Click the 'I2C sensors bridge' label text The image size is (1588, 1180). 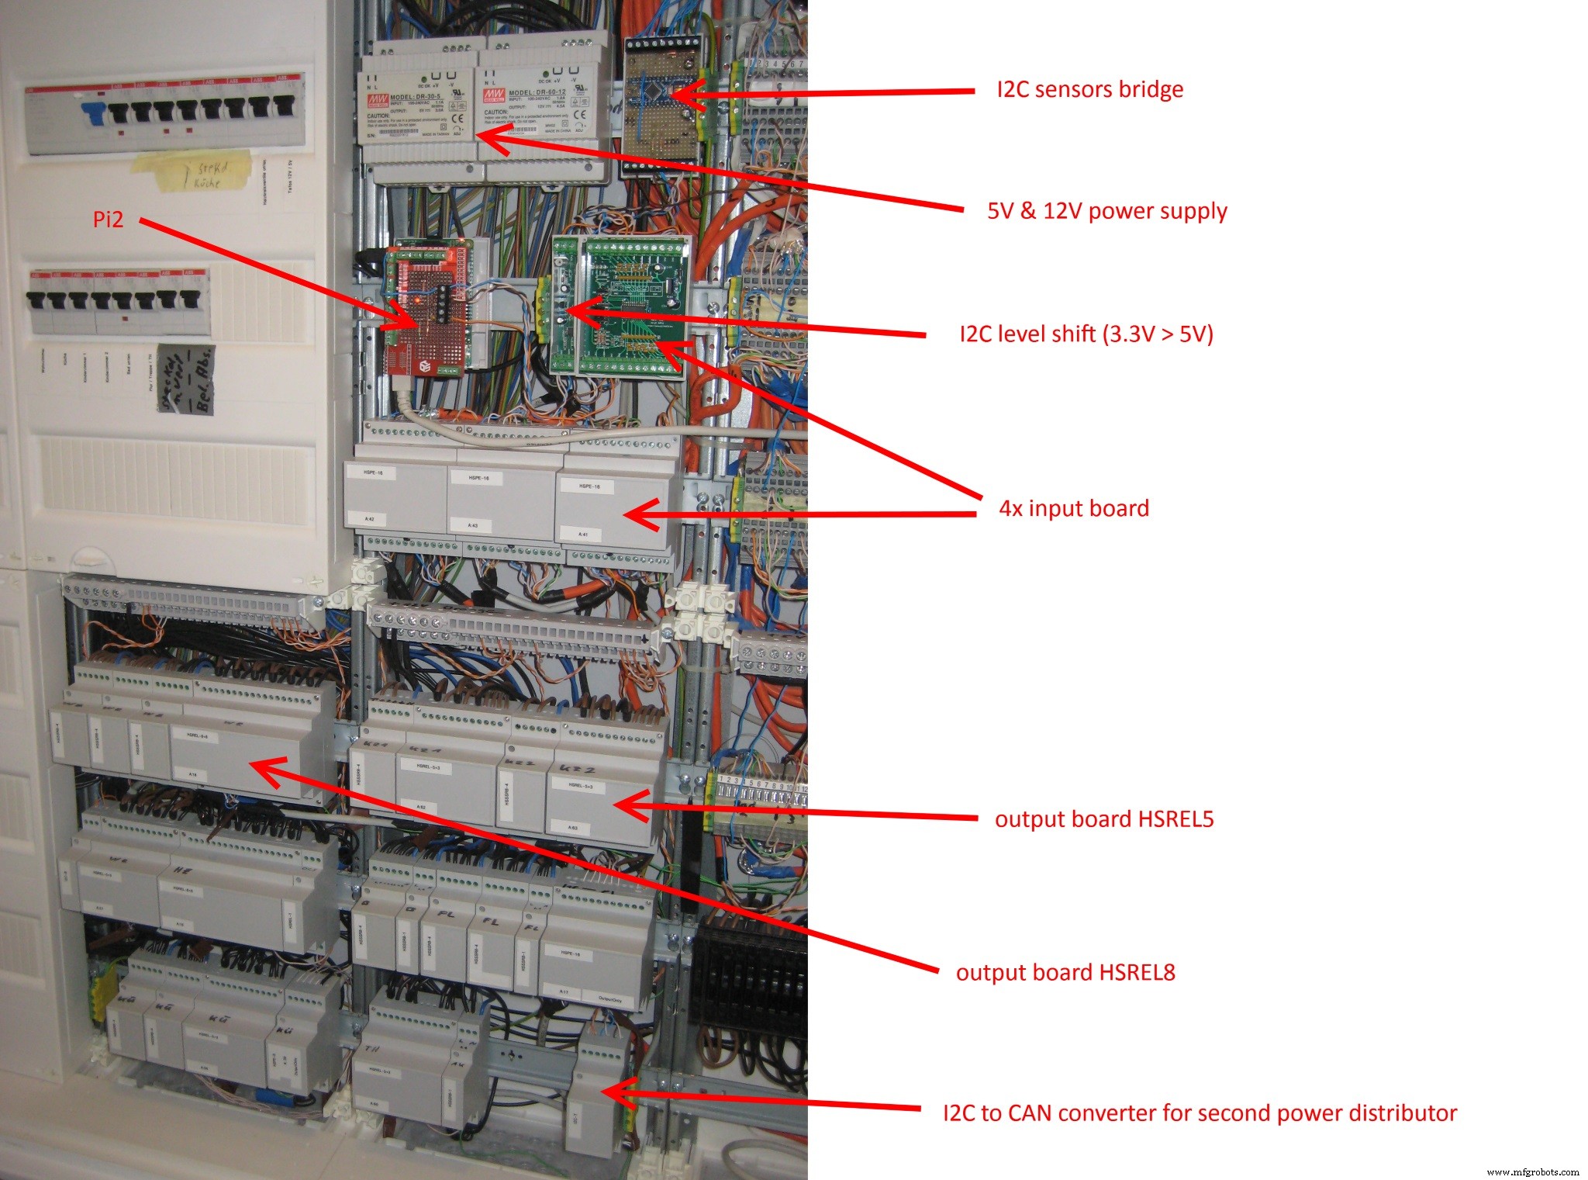tap(1089, 90)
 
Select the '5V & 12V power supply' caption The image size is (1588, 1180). tap(1106, 211)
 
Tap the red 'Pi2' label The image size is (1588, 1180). tap(108, 220)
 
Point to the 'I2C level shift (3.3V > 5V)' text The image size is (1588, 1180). tap(1086, 334)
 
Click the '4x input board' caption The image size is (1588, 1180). tap(1073, 509)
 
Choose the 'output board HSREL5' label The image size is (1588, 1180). tap(1103, 819)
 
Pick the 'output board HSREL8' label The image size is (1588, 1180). tap(1065, 973)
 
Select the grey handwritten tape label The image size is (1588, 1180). tap(185, 379)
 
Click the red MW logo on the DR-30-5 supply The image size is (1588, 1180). tap(378, 99)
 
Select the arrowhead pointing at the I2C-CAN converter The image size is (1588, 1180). tap(613, 1092)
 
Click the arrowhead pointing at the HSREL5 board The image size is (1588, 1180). tap(625, 805)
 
